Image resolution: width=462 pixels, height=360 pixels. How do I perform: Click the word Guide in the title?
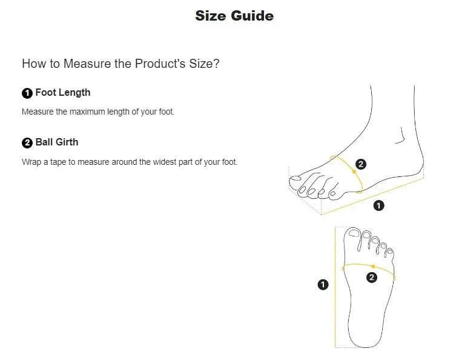pos(252,16)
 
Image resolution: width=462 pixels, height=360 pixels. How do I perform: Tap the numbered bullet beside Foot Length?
pos(27,93)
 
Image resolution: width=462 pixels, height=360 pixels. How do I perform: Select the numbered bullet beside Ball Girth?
pos(27,143)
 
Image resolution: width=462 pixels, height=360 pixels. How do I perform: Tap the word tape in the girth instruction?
pos(58,162)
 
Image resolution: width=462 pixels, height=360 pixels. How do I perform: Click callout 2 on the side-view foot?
pos(361,164)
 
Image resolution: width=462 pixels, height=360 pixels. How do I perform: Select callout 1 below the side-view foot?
pos(378,205)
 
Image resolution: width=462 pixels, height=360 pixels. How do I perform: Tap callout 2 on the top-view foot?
pos(372,277)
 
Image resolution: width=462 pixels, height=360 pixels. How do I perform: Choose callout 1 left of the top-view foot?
pos(323,284)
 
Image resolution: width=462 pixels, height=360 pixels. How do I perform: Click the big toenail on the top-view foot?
pos(354,233)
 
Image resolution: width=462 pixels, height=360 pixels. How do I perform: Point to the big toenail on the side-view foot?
pos(295,178)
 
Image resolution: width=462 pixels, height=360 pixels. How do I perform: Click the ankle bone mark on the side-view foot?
pos(400,136)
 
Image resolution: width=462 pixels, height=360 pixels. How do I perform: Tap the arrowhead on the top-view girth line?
pos(372,267)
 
